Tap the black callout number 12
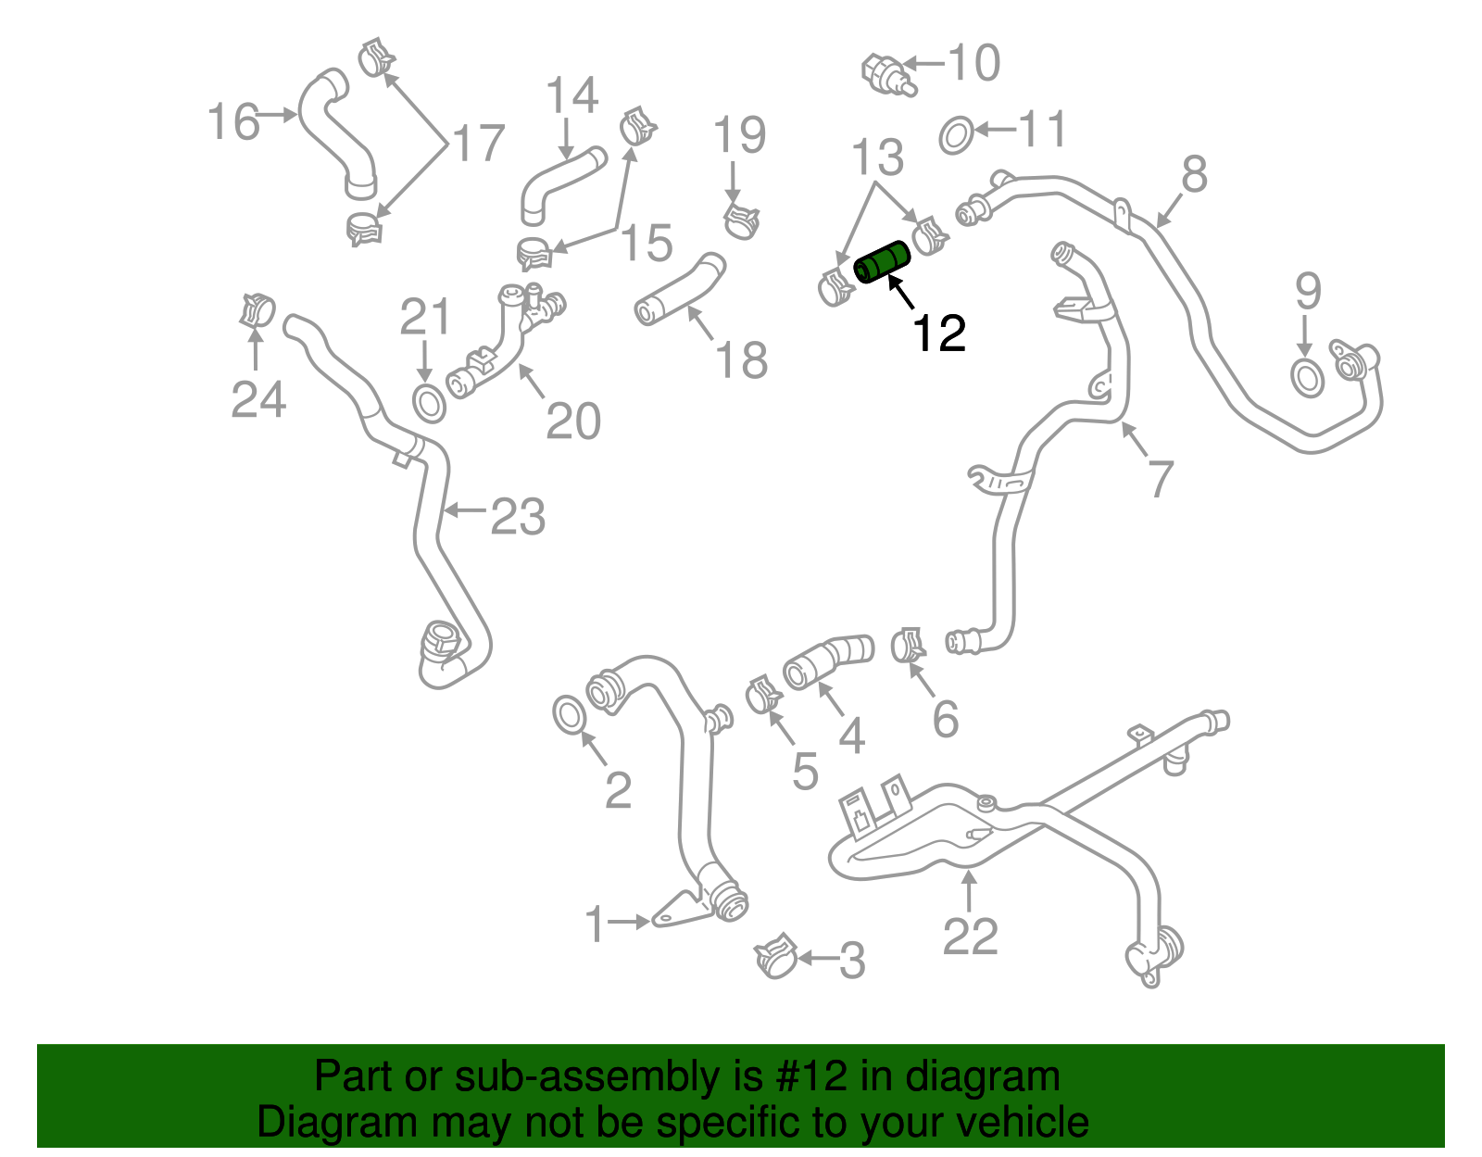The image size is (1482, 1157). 939,333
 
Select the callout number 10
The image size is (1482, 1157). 974,63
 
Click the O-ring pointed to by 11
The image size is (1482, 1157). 956,135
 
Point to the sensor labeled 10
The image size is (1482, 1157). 887,75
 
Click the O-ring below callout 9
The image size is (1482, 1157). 1307,378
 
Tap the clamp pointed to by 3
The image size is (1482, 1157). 776,957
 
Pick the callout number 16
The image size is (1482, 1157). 233,122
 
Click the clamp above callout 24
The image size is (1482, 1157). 257,309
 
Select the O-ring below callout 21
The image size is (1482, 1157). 428,404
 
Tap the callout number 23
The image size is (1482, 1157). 517,516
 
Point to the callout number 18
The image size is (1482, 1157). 741,359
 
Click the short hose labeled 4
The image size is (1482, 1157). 827,661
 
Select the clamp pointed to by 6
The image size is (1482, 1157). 908,645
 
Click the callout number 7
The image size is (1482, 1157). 1160,479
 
